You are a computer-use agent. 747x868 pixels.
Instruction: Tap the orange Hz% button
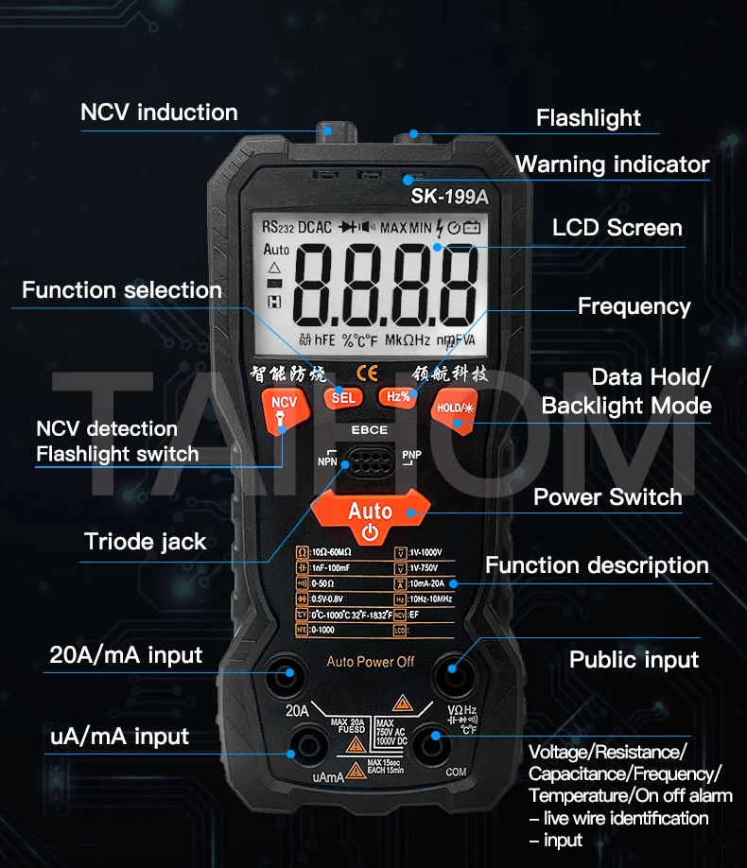point(398,396)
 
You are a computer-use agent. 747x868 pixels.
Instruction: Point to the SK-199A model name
point(449,198)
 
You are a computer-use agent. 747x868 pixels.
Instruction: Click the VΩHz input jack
point(452,674)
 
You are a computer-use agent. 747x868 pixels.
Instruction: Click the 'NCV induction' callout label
point(159,113)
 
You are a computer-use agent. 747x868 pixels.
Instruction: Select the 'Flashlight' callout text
point(588,118)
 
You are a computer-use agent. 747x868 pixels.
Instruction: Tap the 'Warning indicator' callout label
point(612,165)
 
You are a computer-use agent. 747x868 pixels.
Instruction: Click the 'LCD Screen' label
point(617,228)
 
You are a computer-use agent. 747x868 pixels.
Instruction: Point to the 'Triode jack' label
point(146,542)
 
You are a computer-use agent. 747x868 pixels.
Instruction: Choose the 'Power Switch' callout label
point(607,497)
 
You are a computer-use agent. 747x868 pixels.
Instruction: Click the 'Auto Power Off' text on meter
point(371,662)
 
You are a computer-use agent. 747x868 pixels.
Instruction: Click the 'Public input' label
point(634,660)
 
